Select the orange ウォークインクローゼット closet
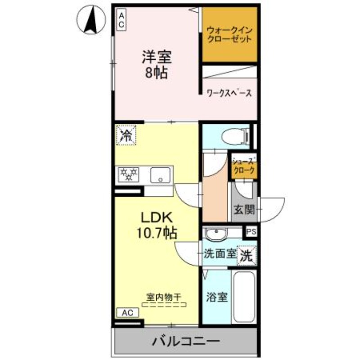(x=229, y=36)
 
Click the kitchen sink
(x=161, y=175)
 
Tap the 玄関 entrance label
(x=244, y=209)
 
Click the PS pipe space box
(x=251, y=232)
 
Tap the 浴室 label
(x=216, y=297)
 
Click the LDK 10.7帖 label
(x=156, y=225)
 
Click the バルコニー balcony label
(x=185, y=341)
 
